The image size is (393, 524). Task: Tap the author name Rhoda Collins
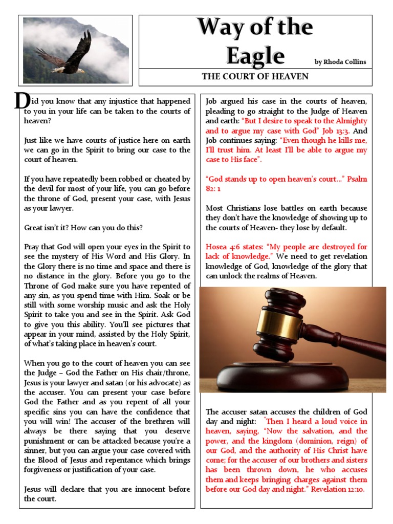point(340,62)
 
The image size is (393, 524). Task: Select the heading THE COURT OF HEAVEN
point(255,77)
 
